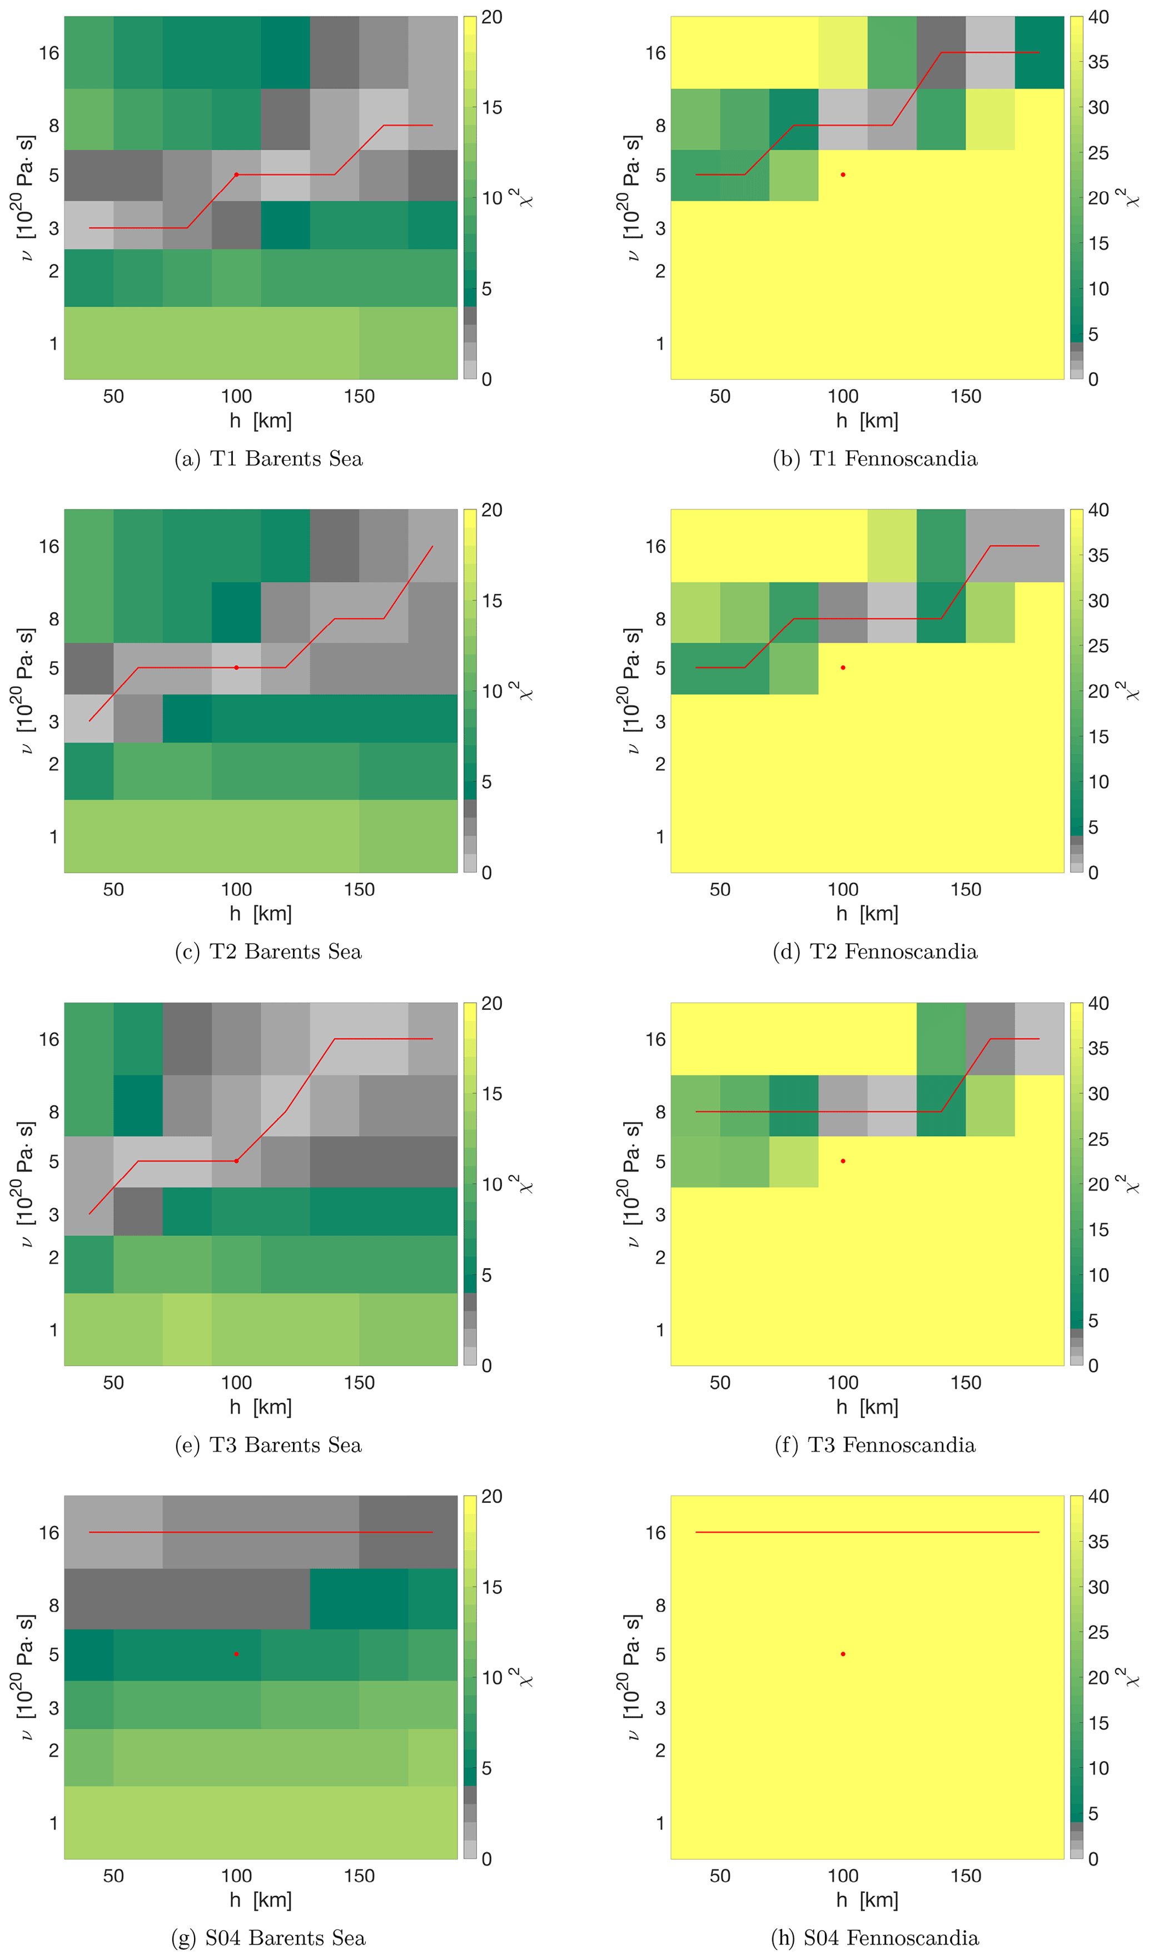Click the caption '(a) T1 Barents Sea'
(x=268, y=459)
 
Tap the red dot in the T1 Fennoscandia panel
(x=843, y=175)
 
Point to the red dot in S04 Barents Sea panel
(x=236, y=1654)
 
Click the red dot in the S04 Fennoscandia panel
(x=843, y=1654)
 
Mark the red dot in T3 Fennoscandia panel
(x=843, y=1161)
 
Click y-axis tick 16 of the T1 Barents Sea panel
(x=49, y=53)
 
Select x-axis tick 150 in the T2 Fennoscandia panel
(x=966, y=890)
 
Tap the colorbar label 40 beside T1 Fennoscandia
(x=1098, y=17)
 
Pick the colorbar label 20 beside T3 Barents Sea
(x=491, y=1003)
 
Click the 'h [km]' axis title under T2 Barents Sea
(x=261, y=914)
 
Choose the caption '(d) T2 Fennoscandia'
(x=874, y=952)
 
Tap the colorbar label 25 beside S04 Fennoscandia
(x=1098, y=1633)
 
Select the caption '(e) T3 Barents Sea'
(x=268, y=1445)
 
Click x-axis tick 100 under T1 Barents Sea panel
(x=236, y=397)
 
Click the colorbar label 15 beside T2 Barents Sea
(x=491, y=600)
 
